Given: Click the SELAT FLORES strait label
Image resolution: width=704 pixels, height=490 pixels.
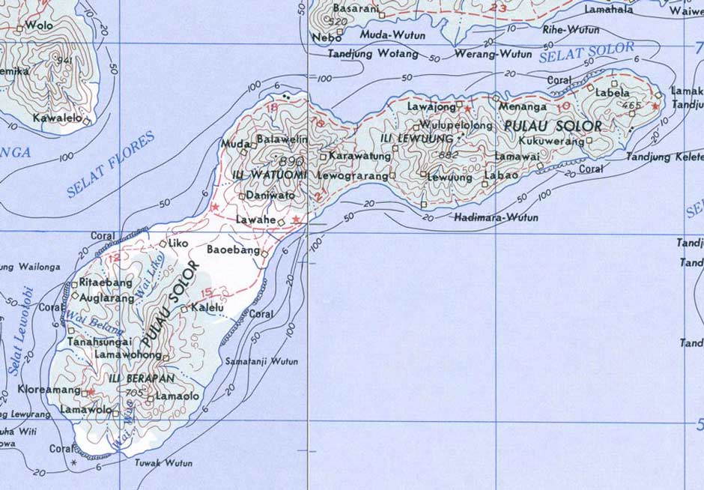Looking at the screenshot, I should [x=110, y=165].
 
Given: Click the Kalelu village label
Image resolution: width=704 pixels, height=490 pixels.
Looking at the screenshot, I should [x=207, y=308].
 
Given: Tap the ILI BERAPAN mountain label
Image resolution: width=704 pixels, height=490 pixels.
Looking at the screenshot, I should [x=142, y=378].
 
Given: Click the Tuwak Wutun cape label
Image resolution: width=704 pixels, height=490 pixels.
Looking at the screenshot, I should [x=163, y=463].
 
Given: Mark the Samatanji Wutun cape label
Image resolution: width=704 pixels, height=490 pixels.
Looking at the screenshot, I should [x=268, y=361].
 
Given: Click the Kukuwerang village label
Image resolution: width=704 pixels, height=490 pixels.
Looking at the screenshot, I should [x=550, y=141].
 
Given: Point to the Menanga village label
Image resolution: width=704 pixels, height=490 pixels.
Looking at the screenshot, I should [x=523, y=106].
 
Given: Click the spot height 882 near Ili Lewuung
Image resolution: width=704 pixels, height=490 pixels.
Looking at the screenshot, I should [x=449, y=155].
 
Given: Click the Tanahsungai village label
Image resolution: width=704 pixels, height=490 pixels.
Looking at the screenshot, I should [x=100, y=342].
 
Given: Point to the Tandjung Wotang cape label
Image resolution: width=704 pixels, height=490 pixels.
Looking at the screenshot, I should [x=373, y=54].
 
